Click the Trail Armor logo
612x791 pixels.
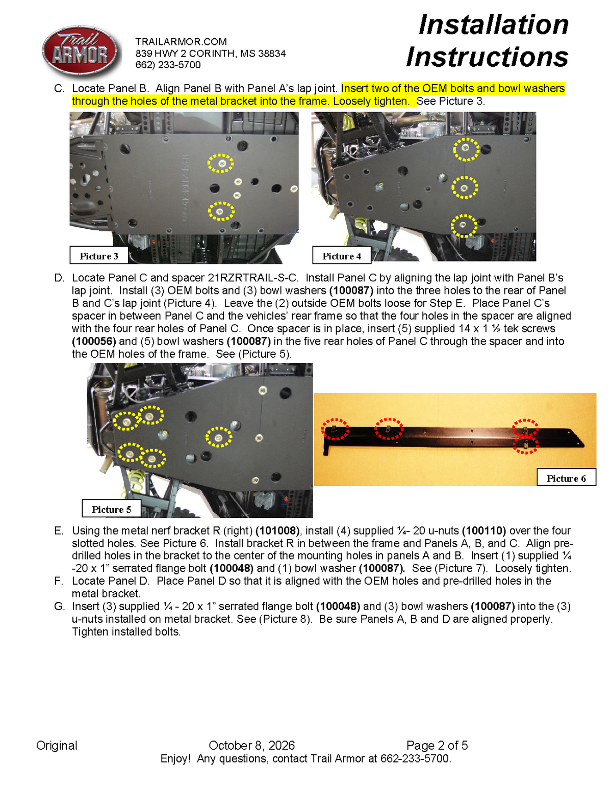pos(80,52)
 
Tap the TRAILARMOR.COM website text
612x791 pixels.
pos(181,42)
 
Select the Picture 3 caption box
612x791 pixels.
pos(98,255)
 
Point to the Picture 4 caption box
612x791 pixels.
pos(342,255)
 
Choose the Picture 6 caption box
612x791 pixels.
pos(566,478)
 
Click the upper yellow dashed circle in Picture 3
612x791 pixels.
pos(220,163)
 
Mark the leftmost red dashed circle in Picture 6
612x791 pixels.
pos(335,429)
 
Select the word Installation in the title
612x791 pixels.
pos(493,25)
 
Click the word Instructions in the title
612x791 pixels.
pos(487,57)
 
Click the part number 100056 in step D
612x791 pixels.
pos(94,341)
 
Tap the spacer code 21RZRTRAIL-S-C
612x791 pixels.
pos(253,278)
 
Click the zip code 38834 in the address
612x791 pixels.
pos(272,54)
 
